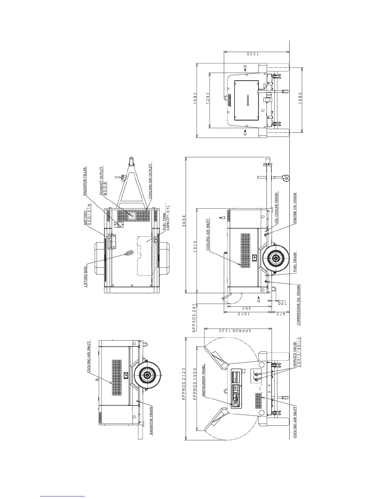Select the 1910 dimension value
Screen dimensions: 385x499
pos(195,246)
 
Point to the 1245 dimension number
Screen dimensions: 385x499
pos(208,98)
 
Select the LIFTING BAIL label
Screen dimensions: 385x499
pos(85,277)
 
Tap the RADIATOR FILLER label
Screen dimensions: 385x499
pos(85,182)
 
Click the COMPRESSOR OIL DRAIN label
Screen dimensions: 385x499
pos(298,305)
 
